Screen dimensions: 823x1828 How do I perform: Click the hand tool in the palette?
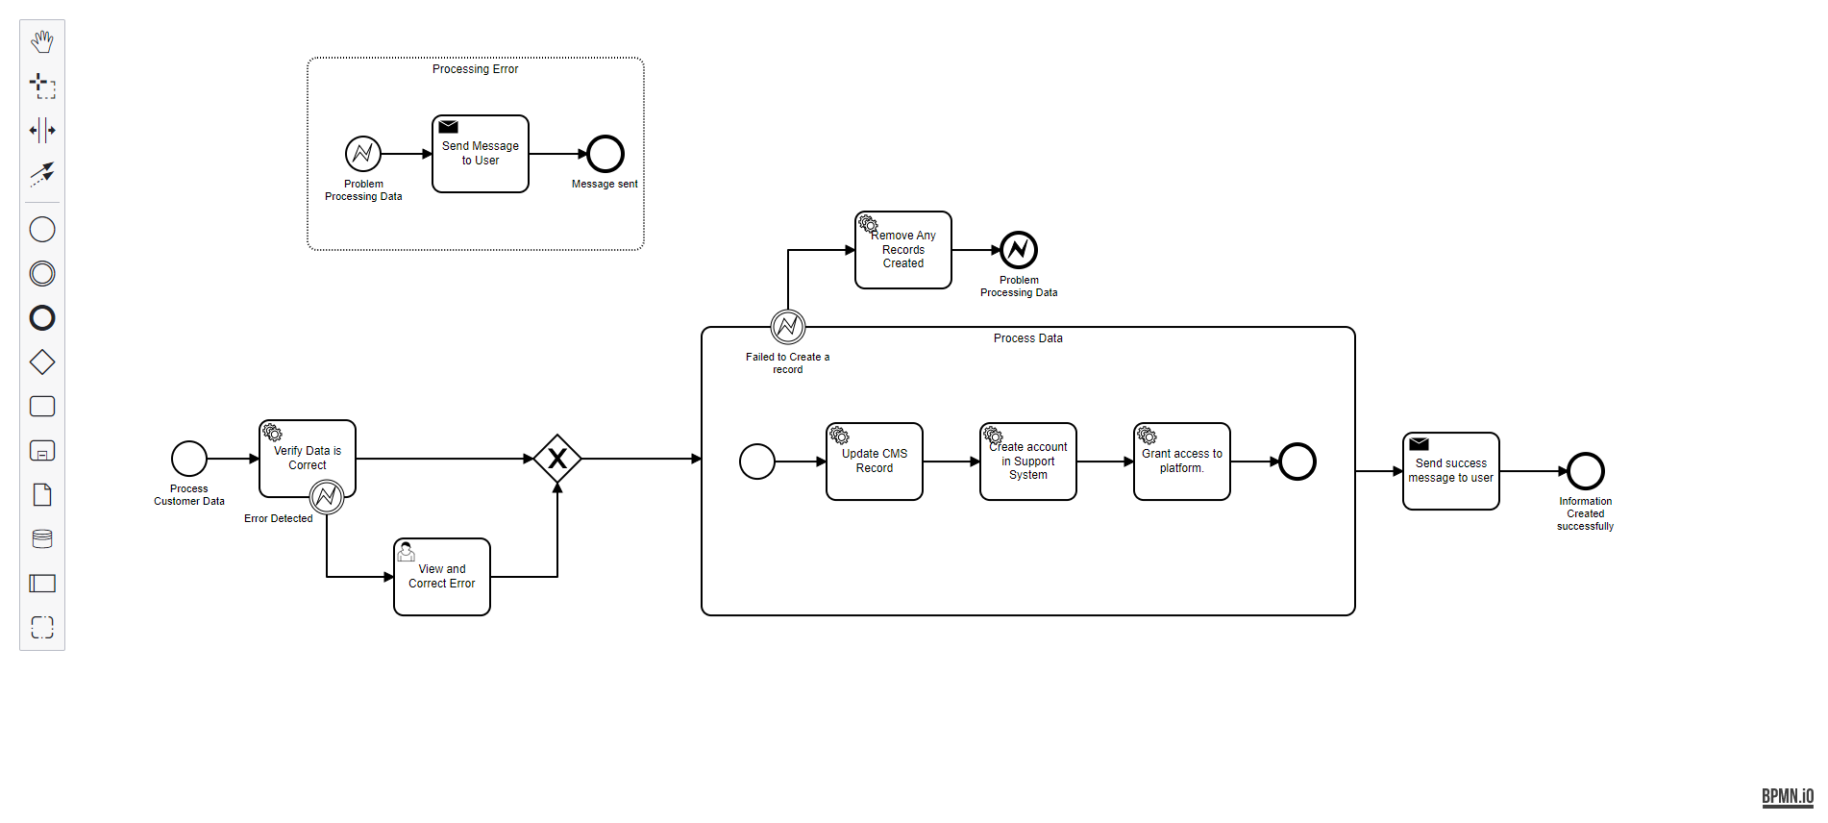coord(42,41)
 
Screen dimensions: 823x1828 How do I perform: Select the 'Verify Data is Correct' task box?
coord(308,458)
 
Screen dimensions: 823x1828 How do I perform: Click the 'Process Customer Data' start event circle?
coord(189,459)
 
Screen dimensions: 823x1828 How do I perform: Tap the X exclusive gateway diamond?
coord(557,459)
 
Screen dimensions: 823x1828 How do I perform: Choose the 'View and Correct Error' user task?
coord(442,576)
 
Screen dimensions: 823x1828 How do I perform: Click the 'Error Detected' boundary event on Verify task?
coord(327,496)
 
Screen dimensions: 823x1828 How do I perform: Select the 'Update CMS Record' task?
coord(875,461)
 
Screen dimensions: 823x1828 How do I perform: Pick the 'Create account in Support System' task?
coord(1028,461)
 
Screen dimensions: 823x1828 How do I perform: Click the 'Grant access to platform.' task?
coord(1182,461)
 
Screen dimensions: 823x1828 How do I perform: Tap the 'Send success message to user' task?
coord(1451,471)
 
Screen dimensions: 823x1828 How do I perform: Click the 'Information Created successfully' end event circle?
coord(1586,471)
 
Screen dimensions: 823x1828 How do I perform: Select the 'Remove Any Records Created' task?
coord(903,250)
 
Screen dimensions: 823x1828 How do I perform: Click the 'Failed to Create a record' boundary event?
coord(788,327)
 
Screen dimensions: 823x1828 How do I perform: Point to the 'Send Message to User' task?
coord(481,154)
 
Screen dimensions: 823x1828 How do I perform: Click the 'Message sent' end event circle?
coord(605,154)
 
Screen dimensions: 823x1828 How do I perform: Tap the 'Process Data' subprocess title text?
coord(1028,338)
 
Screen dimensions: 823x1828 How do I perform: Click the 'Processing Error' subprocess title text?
coord(475,69)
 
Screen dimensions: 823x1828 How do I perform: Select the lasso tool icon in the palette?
coord(42,86)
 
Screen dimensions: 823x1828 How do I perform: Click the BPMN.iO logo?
coord(1787,796)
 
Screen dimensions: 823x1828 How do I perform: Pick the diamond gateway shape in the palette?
coord(42,362)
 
